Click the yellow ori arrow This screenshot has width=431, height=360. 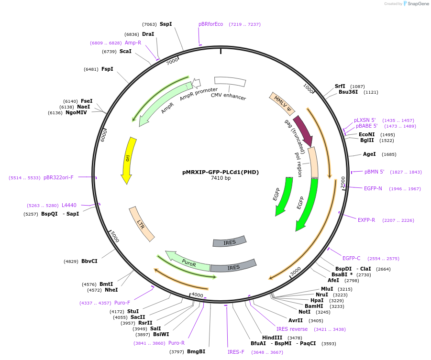point(128,160)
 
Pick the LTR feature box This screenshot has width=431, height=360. point(142,224)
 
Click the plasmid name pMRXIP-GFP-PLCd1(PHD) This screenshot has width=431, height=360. point(221,172)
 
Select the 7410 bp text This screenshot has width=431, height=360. point(221,178)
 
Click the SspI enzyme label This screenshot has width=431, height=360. point(166,24)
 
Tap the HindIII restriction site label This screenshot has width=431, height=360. point(272,338)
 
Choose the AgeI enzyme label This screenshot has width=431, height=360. point(369,154)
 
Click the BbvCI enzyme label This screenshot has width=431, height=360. point(89,261)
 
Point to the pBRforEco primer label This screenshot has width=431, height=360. point(211,24)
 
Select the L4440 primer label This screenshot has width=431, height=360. point(69,205)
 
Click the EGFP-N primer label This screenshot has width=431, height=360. point(373,188)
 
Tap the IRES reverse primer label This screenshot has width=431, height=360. point(292,329)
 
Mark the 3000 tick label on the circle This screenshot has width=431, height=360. point(296,271)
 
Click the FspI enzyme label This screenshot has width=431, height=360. point(107,69)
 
